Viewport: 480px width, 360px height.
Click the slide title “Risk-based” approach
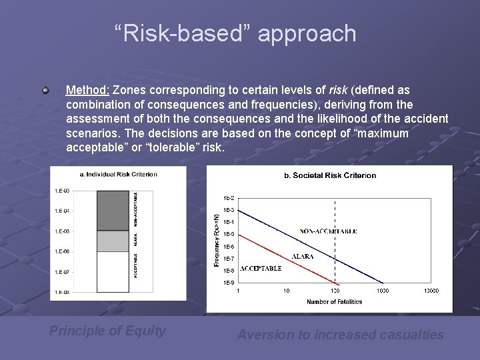tap(235, 33)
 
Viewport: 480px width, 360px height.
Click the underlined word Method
tap(88, 89)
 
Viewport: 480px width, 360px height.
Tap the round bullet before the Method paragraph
tap(45, 89)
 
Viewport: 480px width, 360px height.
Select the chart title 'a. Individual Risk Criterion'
tap(118, 174)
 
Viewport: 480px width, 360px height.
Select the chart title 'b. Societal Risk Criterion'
tap(330, 175)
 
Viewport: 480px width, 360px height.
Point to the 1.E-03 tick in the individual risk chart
tap(61, 191)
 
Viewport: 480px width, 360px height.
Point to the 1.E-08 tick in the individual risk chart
tap(61, 292)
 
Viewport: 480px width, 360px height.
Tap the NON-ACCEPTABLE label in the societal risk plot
tap(328, 231)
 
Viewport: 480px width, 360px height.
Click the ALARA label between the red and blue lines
tap(303, 256)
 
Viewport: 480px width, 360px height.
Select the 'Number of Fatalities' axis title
tap(334, 302)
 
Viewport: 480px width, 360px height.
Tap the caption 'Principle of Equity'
tap(107, 331)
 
